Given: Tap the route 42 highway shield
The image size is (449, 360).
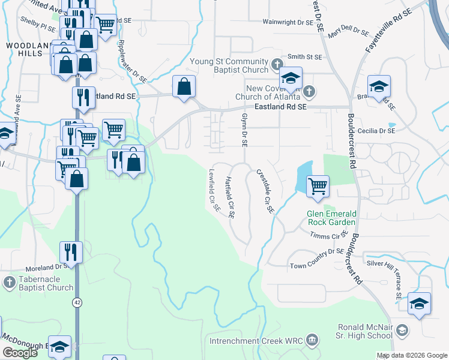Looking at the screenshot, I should (x=77, y=304).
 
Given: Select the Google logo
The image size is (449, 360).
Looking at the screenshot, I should (x=20, y=353).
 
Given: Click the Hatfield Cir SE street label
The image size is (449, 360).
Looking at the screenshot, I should (x=230, y=197).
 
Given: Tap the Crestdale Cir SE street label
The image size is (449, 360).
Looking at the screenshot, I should (x=265, y=191).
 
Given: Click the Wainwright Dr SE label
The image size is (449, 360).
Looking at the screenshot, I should (x=288, y=22).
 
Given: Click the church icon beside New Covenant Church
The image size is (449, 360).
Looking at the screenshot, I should (x=309, y=92).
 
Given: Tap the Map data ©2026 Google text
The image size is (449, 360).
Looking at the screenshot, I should (x=411, y=355).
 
